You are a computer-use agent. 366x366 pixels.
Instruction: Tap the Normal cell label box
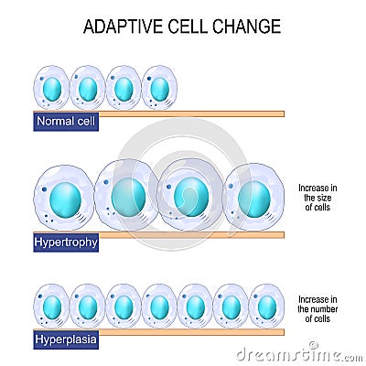(x=66, y=122)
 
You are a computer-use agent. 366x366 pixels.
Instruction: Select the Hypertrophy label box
(x=66, y=242)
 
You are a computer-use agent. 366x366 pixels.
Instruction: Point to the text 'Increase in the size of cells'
(x=318, y=199)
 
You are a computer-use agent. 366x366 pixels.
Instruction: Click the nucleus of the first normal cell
(x=52, y=89)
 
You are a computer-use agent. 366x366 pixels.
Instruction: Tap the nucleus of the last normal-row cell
(x=159, y=89)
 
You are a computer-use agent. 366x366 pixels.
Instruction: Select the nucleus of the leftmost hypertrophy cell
(x=66, y=199)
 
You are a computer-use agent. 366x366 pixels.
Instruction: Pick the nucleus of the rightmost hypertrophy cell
(x=253, y=199)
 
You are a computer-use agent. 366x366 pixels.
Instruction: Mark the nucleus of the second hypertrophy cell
(x=129, y=197)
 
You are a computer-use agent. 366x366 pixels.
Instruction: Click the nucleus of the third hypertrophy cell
(x=191, y=197)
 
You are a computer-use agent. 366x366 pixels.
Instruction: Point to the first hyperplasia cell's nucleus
(x=52, y=307)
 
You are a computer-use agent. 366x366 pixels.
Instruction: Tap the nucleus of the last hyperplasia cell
(x=266, y=307)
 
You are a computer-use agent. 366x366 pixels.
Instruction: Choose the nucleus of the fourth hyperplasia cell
(x=159, y=307)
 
